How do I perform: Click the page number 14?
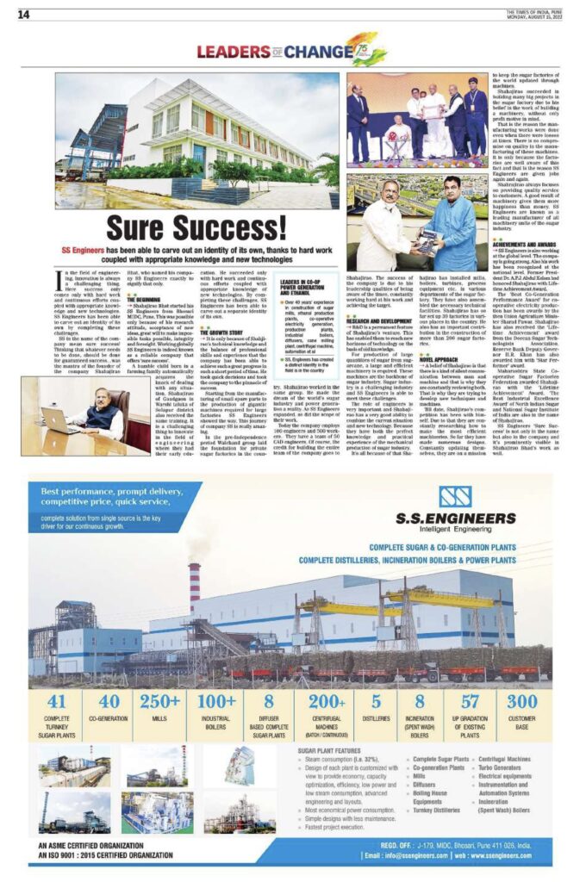[24, 14]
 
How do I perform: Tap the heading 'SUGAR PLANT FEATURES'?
[327, 751]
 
